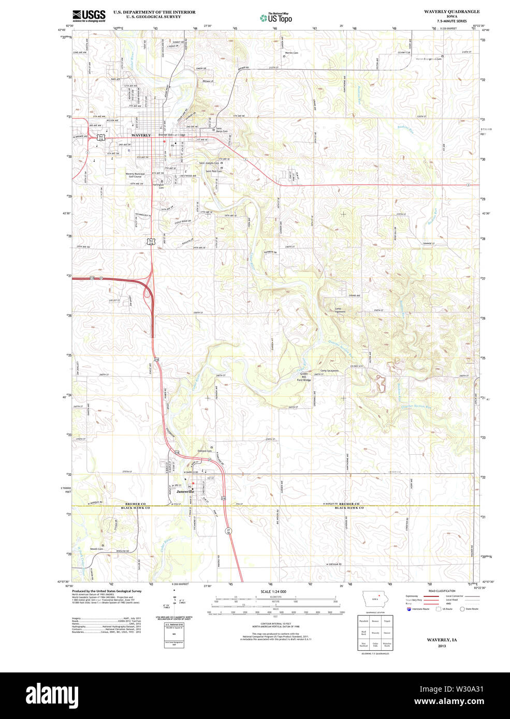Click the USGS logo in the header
click(x=89, y=16)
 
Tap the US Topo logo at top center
click(x=276, y=18)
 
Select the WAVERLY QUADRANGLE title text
click(x=451, y=11)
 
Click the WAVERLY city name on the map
click(x=141, y=136)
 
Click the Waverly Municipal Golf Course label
click(x=135, y=175)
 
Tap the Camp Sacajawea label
click(x=329, y=370)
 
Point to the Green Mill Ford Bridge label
click(x=304, y=377)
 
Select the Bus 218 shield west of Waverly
click(x=97, y=138)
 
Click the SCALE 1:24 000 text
click(x=273, y=592)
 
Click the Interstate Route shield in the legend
click(x=409, y=609)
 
